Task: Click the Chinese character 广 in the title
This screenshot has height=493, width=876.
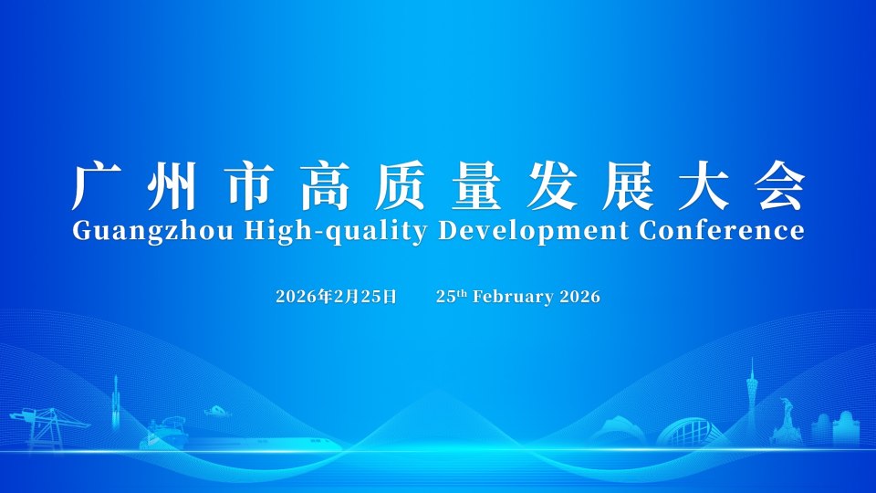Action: pos(96,185)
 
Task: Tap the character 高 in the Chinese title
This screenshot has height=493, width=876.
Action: pos(325,185)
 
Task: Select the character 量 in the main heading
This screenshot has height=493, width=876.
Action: pos(476,185)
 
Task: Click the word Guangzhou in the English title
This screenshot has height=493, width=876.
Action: pos(152,231)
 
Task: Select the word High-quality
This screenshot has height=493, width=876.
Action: pos(336,231)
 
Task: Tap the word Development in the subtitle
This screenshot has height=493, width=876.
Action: pos(533,231)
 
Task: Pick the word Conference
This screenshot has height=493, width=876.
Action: pos(721,230)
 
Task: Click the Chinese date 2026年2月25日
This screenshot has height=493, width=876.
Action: pos(337,296)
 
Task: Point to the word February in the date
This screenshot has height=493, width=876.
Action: pos(514,297)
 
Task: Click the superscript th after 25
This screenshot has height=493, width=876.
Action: pos(462,293)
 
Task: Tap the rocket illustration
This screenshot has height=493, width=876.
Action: pos(116,403)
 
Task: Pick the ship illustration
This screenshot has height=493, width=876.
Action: pos(163,433)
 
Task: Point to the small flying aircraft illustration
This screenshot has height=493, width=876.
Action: pos(218,412)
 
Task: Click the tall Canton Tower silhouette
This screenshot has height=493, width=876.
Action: pos(752,402)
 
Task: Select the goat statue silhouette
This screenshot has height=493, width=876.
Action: pos(785,422)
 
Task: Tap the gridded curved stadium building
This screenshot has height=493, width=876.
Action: pos(688,433)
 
